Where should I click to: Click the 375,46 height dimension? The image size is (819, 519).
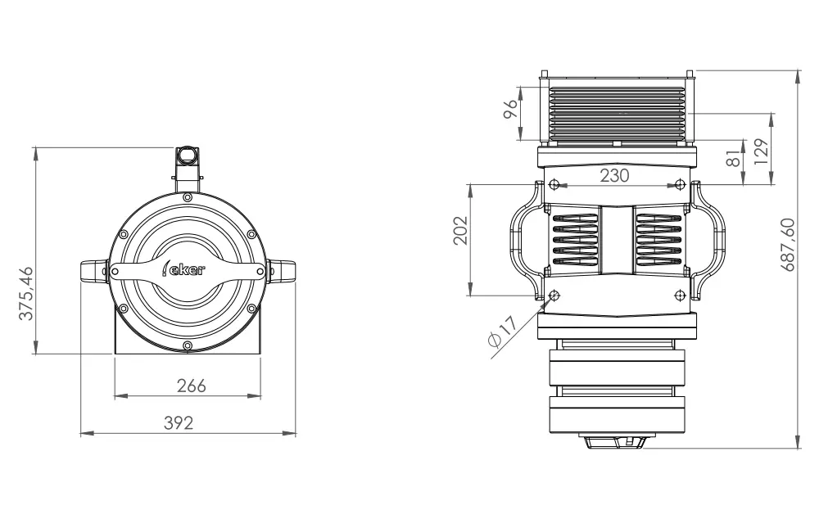tap(26, 293)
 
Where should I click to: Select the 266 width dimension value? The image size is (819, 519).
tap(191, 386)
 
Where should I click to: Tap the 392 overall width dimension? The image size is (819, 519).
tap(179, 422)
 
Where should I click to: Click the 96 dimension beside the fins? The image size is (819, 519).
tap(510, 109)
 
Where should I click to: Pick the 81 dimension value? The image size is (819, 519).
tap(734, 158)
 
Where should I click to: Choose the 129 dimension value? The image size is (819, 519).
tap(762, 151)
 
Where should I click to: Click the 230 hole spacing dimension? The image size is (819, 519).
tap(614, 175)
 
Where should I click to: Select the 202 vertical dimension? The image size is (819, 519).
tap(460, 230)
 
